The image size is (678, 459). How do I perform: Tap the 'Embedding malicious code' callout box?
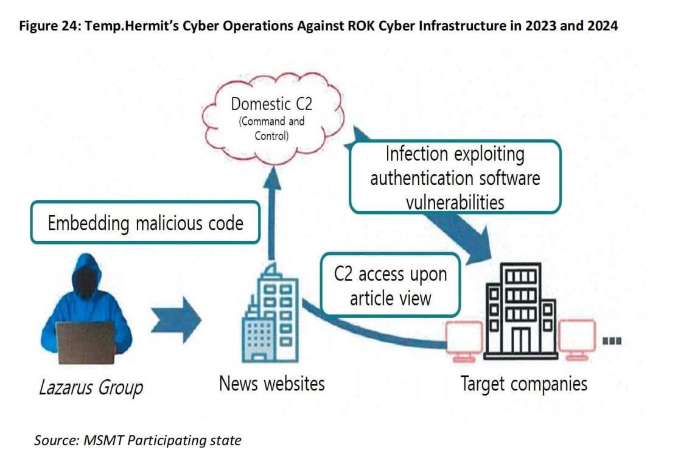click(145, 223)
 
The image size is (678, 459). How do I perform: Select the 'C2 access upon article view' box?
click(390, 285)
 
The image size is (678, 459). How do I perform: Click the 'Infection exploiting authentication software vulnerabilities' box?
click(455, 177)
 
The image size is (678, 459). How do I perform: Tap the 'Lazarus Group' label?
click(91, 387)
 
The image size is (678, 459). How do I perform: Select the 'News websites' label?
click(271, 384)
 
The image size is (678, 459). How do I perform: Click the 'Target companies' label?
click(523, 384)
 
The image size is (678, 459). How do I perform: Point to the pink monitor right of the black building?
click(576, 338)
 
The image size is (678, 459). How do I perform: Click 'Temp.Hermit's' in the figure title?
click(132, 27)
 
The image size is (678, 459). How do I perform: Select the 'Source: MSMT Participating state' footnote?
click(138, 440)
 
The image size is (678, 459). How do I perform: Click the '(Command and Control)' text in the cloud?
click(271, 128)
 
